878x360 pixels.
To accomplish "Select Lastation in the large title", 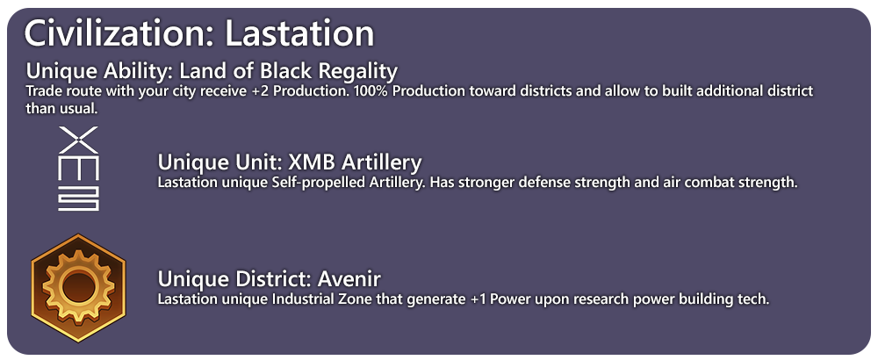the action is click(x=299, y=33).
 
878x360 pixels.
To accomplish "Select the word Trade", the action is click(x=40, y=90).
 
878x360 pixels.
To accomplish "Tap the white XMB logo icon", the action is click(x=78, y=169).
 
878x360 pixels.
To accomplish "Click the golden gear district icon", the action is click(x=78, y=288).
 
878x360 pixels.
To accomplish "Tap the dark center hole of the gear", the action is click(x=78, y=287).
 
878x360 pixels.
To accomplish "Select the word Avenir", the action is click(x=349, y=279).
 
